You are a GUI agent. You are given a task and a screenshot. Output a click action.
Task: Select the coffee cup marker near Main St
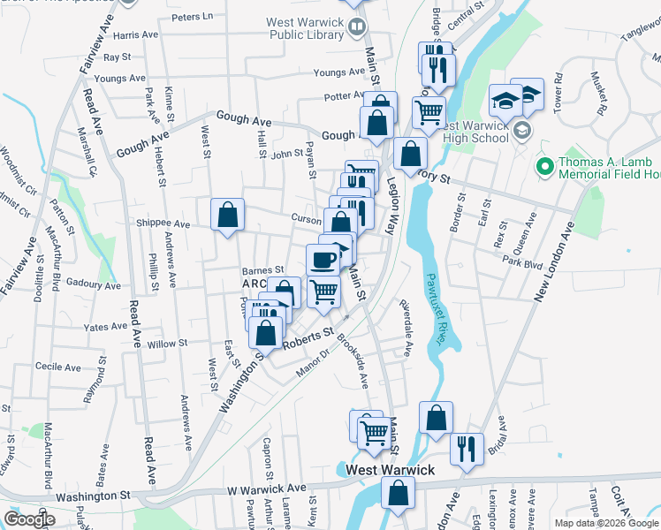pyautogui.click(x=323, y=259)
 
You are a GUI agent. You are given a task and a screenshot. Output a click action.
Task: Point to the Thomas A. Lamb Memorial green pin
pyautogui.click(x=543, y=165)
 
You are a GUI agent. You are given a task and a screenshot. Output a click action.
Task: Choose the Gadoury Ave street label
pyautogui.click(x=93, y=285)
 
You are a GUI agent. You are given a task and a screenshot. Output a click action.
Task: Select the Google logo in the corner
pyautogui.click(x=29, y=519)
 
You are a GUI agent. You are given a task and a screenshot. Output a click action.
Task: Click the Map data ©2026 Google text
pyautogui.click(x=606, y=523)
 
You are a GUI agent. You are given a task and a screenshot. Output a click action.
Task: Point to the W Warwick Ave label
pyautogui.click(x=266, y=488)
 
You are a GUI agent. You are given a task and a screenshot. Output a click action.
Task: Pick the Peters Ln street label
pyautogui.click(x=194, y=16)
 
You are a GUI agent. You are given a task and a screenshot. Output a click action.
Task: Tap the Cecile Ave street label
pyautogui.click(x=58, y=366)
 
